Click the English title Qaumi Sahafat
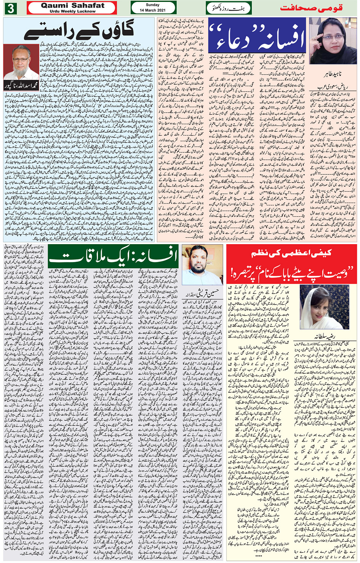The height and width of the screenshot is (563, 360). [72, 5]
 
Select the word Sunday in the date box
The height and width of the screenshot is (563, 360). [152, 5]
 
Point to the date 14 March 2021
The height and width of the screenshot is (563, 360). [152, 10]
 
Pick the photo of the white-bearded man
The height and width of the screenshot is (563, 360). [22, 62]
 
